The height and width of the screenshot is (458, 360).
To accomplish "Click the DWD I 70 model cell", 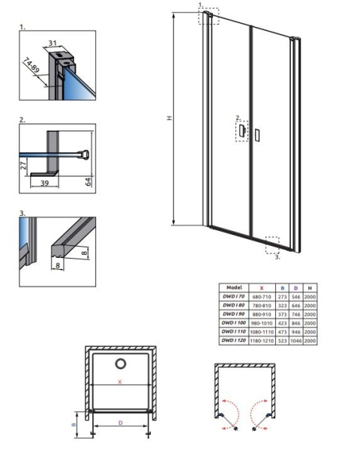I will (x=232, y=296).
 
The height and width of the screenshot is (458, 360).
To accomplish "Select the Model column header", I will (x=232, y=287).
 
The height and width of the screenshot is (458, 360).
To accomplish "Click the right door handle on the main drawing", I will (x=258, y=135).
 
